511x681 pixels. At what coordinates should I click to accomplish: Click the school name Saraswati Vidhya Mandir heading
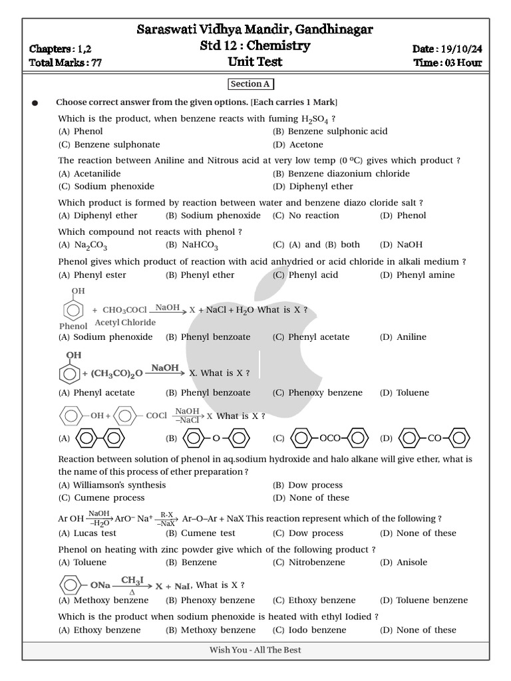(x=255, y=29)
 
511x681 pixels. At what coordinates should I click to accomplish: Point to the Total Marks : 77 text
(x=65, y=63)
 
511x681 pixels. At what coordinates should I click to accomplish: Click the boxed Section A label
(x=250, y=84)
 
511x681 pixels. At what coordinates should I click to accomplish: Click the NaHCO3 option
(x=200, y=245)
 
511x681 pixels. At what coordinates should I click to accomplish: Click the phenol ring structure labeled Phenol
(x=74, y=309)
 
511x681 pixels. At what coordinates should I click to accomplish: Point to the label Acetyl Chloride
(x=125, y=323)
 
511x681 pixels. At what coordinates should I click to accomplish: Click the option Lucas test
(x=94, y=533)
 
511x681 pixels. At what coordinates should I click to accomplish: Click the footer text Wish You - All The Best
(x=255, y=650)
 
